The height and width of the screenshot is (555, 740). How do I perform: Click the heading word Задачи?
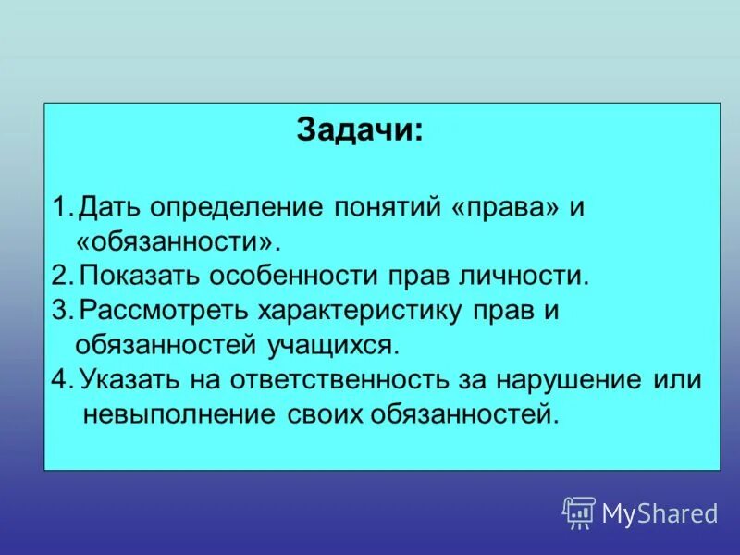point(359,129)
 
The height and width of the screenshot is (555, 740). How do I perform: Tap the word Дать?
point(104,207)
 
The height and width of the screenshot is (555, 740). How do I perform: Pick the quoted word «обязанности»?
point(176,242)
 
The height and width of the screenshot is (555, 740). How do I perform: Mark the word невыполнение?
point(177,413)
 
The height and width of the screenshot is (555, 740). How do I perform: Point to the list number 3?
point(59,311)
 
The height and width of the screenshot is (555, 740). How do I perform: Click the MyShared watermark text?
point(660,512)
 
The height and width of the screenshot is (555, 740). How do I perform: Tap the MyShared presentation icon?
point(578,512)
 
